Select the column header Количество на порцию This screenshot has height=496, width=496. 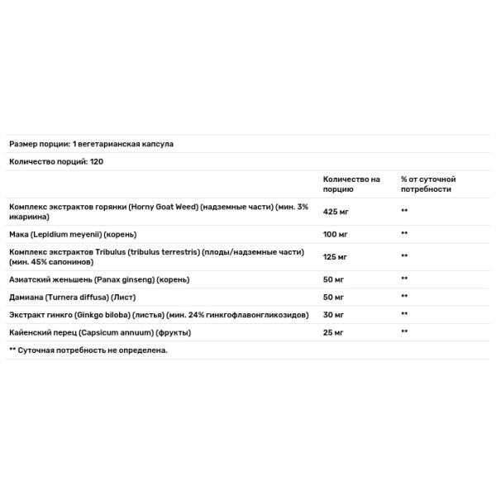click(351, 184)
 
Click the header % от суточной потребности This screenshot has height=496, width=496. click(428, 184)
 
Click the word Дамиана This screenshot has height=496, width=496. click(25, 298)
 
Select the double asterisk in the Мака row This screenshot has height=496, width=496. click(405, 234)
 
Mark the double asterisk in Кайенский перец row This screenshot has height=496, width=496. click(405, 332)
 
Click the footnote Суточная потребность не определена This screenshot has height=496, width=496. click(92, 351)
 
